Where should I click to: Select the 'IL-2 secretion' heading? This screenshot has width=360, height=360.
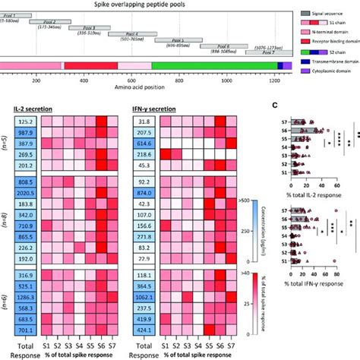coord(33,109)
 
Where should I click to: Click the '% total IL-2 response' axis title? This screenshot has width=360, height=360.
coord(308,195)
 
